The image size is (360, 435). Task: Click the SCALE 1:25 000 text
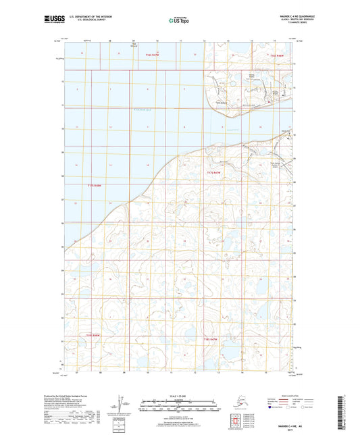click(x=179, y=395)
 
